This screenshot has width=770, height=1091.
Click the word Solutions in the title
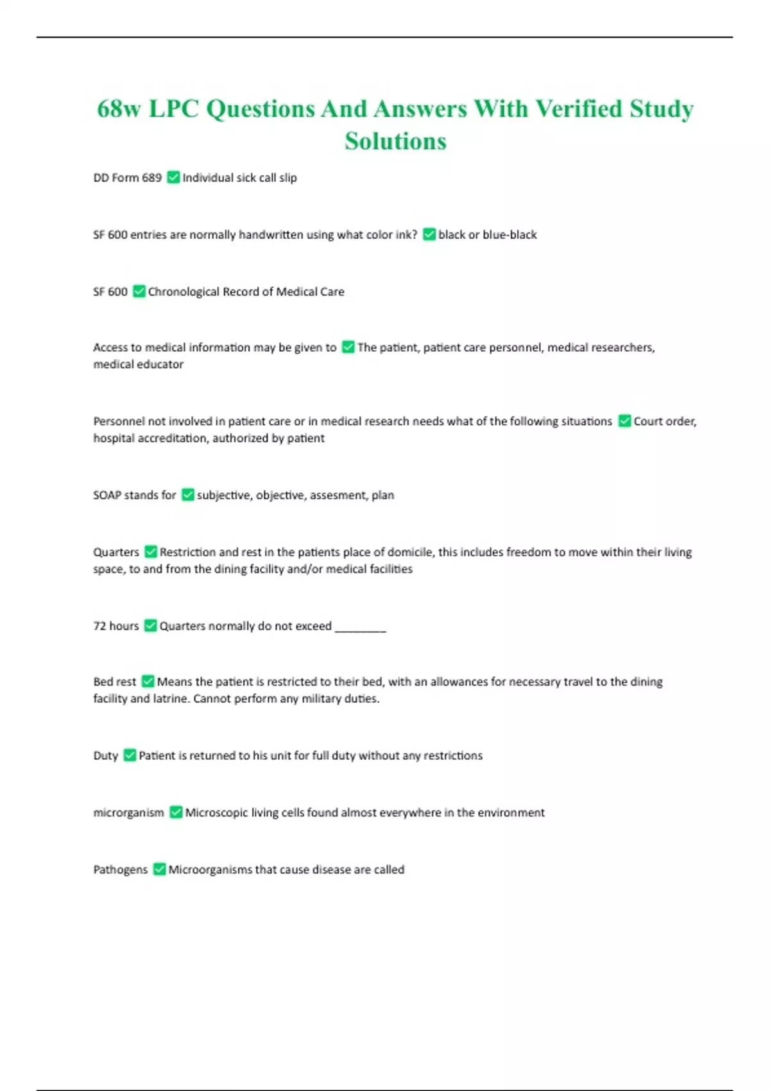pos(395,141)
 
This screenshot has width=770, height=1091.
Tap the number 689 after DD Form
pos(152,178)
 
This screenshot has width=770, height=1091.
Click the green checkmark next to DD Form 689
pos(173,177)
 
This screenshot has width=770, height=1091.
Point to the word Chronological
pos(184,292)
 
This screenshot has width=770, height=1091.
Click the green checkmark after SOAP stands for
pos(188,495)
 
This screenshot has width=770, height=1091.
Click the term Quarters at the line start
pos(116,552)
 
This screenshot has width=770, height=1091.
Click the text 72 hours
pos(116,626)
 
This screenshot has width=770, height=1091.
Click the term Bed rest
pos(115,682)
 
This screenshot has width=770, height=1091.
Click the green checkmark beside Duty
pos(130,755)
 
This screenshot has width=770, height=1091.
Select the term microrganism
pos(129,812)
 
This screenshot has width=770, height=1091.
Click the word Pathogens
pos(121,870)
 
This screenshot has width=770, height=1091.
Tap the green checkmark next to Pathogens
pos(159,870)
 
